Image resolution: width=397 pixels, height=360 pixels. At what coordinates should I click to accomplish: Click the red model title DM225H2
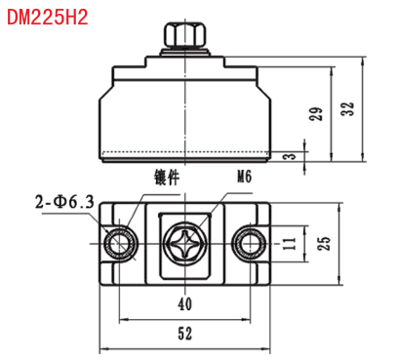tap(48, 18)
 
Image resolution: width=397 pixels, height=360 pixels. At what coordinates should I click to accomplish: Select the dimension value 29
tap(316, 114)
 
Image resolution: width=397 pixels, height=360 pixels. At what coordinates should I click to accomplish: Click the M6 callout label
tap(245, 177)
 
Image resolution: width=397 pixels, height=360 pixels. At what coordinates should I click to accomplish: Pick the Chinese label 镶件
tap(167, 178)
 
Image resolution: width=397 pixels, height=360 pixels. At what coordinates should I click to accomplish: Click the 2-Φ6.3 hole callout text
tap(64, 202)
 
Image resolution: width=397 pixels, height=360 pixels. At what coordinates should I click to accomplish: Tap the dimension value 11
tap(289, 244)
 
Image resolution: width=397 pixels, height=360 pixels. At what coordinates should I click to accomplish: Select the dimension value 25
tap(324, 243)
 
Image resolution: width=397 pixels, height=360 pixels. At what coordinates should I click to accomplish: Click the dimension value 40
tap(185, 304)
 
